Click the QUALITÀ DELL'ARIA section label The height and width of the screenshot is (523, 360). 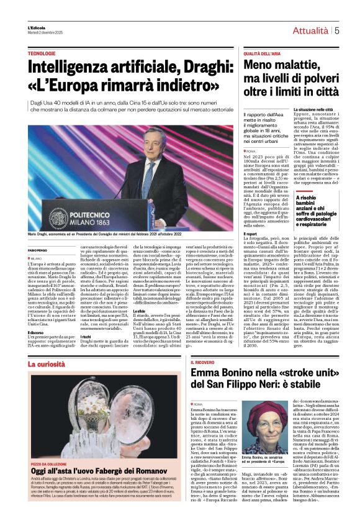(x=260, y=55)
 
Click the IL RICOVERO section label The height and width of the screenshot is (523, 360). (x=205, y=362)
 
